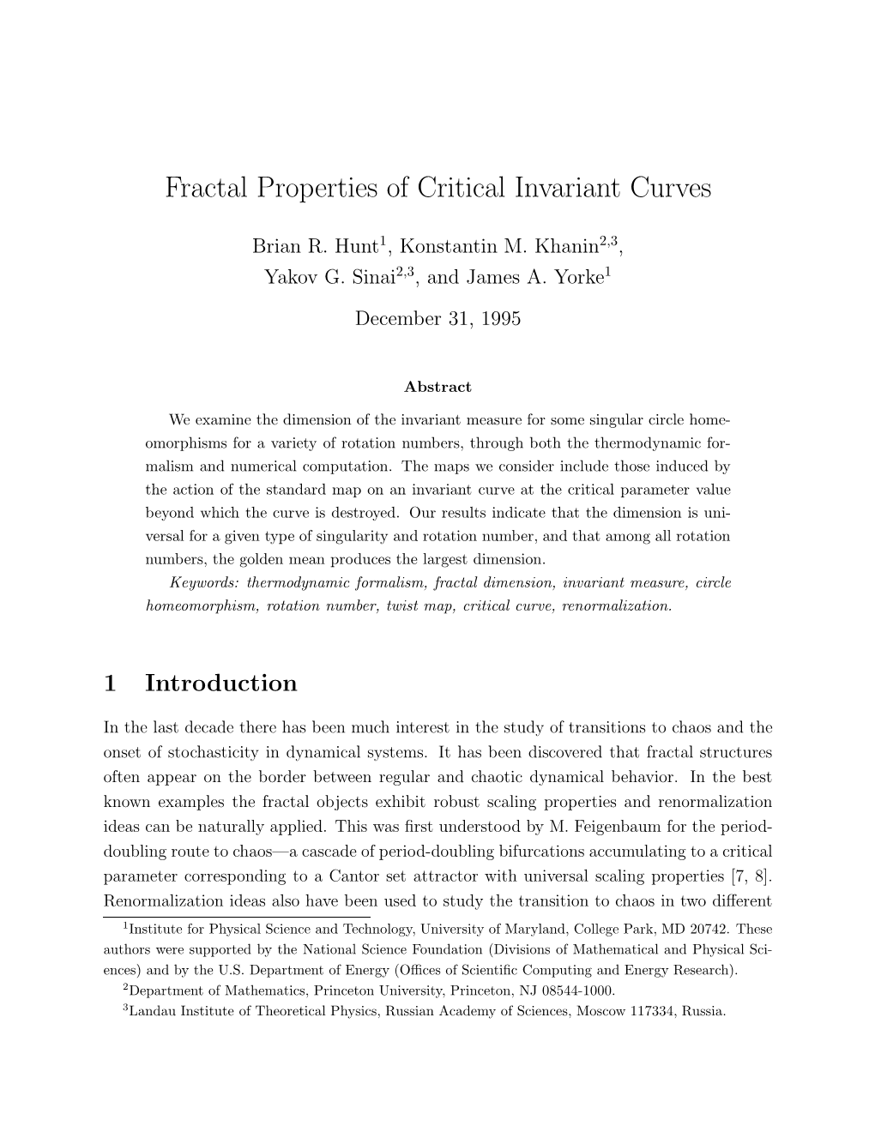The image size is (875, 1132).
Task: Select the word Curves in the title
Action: point(669,187)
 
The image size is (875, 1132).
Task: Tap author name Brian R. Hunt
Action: point(314,246)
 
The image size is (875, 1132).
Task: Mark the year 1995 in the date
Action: point(502,318)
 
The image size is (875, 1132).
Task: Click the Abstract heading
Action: point(437,387)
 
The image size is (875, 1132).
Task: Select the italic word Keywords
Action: point(206,583)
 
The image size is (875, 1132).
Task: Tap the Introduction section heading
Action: point(221,683)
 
